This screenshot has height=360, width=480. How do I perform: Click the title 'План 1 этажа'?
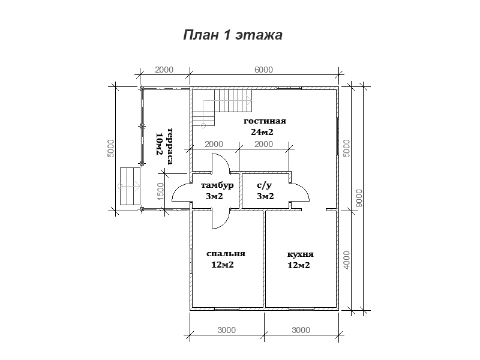(x=233, y=35)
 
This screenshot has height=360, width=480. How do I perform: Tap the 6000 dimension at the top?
(x=263, y=70)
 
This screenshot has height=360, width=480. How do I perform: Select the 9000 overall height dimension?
(x=359, y=198)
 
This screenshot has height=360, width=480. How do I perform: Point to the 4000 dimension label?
(x=346, y=260)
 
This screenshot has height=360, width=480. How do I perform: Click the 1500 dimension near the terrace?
(x=160, y=191)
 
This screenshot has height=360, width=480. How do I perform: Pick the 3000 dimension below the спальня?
(x=227, y=330)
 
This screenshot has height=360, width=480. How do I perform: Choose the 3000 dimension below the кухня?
(x=301, y=330)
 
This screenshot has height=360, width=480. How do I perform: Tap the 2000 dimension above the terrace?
(x=164, y=70)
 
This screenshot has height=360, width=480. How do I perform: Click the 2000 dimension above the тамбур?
(x=214, y=144)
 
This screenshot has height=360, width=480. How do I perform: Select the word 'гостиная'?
(x=265, y=121)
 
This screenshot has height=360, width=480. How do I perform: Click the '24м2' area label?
(x=262, y=132)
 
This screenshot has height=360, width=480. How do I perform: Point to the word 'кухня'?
(x=301, y=254)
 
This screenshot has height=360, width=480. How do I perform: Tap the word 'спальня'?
(x=226, y=254)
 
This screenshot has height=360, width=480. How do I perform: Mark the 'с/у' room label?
(x=265, y=185)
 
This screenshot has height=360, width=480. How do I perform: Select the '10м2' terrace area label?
(x=159, y=144)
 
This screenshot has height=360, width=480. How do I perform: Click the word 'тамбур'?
(x=217, y=185)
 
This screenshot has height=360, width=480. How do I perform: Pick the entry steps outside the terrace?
(x=130, y=186)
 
